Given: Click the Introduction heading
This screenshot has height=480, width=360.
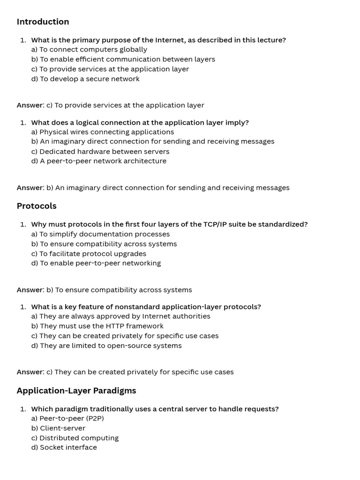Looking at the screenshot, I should pos(43,22).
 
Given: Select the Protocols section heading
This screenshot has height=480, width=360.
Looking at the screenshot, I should pos(37,206).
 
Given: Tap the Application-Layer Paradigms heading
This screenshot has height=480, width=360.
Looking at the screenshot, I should pos(76,390).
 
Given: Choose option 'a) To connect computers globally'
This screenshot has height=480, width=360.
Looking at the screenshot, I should pos(89,49).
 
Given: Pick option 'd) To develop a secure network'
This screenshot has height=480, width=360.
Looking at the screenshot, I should pos(85,79).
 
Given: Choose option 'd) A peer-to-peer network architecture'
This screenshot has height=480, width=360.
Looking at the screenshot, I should pos(98,161).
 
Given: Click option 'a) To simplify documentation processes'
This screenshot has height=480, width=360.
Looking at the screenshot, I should pos(100,234).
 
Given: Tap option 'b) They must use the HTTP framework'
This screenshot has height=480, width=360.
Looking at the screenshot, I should pos(97,326).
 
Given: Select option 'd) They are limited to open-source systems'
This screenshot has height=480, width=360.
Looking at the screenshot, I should pos(106,345).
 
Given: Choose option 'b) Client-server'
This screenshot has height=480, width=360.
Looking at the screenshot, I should pos(58,428).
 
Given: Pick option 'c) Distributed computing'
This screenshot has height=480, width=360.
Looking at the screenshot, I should pos(75,438).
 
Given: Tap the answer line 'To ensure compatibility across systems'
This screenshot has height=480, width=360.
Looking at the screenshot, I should pos(119,290).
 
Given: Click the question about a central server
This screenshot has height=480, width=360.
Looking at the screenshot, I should pos(155,409).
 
